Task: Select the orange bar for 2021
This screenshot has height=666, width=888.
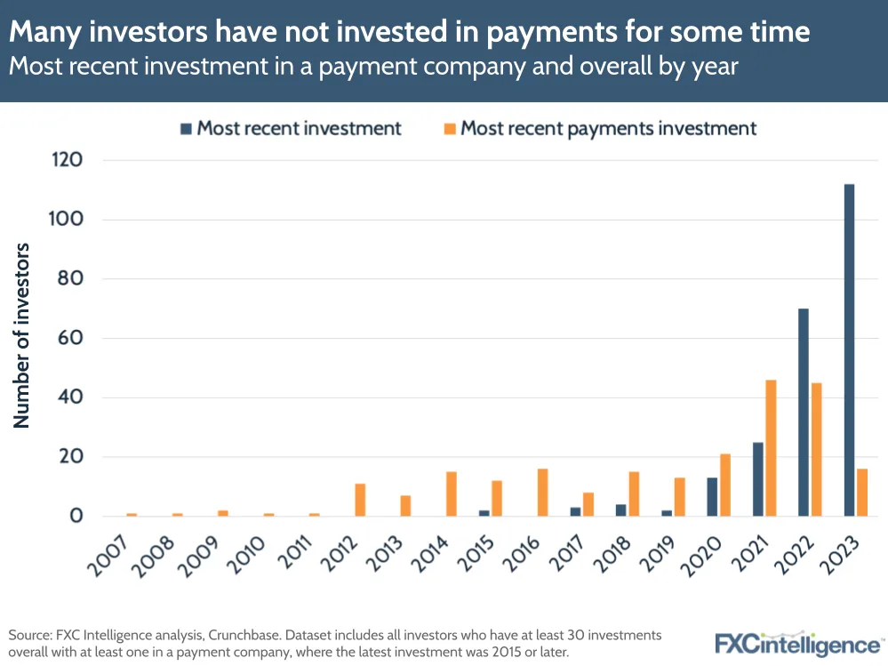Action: point(771,448)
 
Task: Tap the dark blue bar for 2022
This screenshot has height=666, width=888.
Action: point(804,413)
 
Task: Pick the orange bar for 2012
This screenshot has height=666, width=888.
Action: point(360,500)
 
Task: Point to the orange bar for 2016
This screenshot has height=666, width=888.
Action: point(542,493)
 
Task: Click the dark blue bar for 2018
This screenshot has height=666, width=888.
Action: point(621,510)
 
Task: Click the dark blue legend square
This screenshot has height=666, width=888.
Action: point(186,129)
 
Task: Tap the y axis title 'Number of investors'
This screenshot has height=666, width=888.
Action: point(22,335)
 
